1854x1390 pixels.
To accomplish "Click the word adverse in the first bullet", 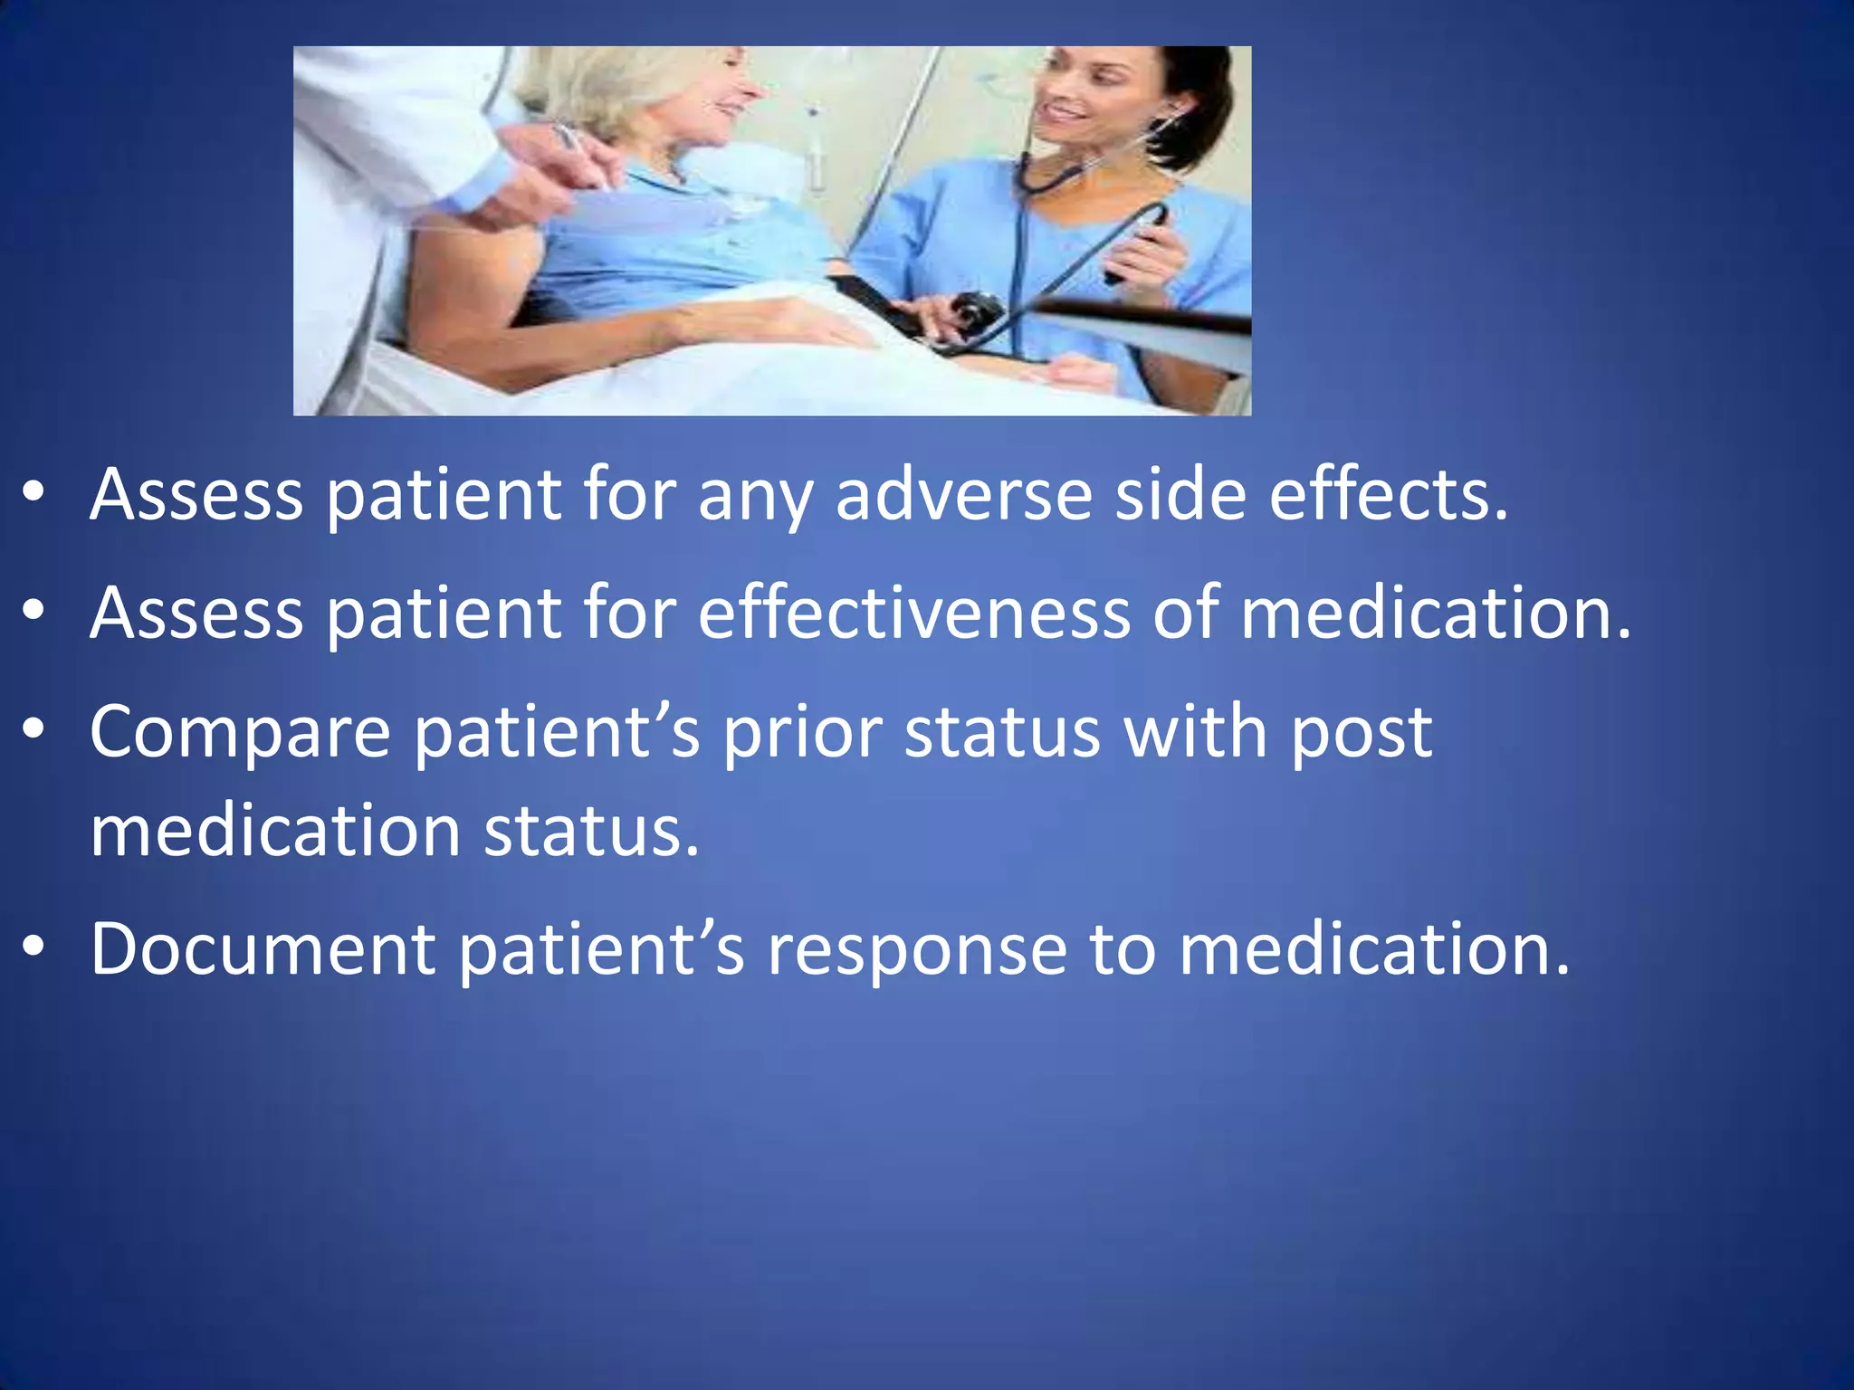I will [x=963, y=496].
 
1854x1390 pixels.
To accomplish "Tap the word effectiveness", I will [x=913, y=614].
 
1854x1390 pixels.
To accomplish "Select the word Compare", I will [x=240, y=733].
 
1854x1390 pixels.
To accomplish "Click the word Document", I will [x=263, y=949].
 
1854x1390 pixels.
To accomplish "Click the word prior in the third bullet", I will [x=802, y=733].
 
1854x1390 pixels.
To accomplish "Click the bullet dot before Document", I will [x=34, y=947].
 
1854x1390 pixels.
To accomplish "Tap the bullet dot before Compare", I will [x=34, y=729].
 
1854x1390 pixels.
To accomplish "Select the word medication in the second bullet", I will [x=1435, y=614].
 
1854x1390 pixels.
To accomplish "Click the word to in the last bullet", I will [x=1123, y=950].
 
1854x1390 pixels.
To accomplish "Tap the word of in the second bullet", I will [x=1184, y=614].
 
